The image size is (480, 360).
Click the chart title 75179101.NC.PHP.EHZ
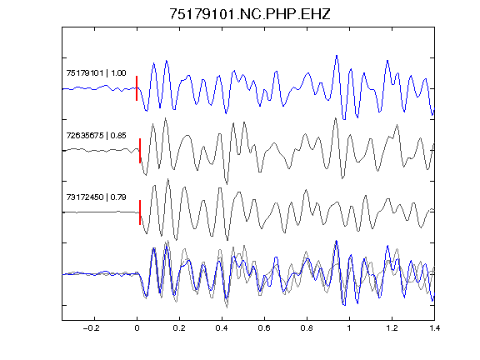tap(250, 14)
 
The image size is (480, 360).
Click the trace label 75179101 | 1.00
tap(96, 72)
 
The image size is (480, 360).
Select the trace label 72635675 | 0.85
tap(96, 135)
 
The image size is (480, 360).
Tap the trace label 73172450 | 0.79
tap(96, 197)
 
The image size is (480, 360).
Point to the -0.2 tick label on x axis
tap(91, 328)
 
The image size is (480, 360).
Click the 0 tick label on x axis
tap(137, 328)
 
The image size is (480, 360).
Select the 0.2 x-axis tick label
tap(179, 328)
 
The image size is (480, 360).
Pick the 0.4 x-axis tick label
tap(222, 328)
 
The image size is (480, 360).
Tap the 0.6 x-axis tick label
tap(264, 328)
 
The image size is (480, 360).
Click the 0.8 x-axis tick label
tap(307, 328)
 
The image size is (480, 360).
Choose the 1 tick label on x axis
tap(349, 328)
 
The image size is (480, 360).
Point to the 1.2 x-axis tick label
tap(392, 328)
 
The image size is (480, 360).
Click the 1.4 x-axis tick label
tap(434, 328)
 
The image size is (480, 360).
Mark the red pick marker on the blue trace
tap(137, 88)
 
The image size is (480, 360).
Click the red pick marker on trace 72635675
tap(140, 151)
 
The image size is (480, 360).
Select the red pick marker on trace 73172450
tap(140, 212)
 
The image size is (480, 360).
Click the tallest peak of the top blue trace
tap(337, 56)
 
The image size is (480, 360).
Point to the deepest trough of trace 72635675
tap(227, 184)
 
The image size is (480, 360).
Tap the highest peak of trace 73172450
tap(167, 179)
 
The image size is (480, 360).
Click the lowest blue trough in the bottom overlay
tap(344, 305)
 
